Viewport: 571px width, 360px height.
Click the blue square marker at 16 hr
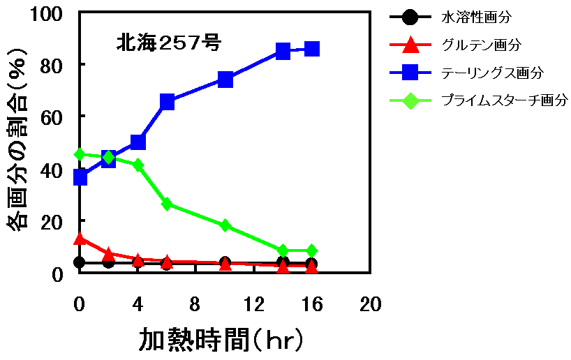[x=312, y=49]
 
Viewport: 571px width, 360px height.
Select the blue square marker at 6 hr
[x=167, y=102]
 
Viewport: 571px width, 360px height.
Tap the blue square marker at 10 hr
[x=225, y=79]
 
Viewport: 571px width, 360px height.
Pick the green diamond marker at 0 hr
[x=80, y=154]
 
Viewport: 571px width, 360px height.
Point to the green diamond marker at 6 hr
[x=167, y=204]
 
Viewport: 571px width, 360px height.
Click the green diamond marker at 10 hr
[x=225, y=225]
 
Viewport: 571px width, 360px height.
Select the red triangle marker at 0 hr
[x=80, y=239]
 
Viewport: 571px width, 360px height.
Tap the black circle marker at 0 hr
[x=80, y=262]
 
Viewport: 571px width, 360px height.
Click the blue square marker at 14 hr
[x=283, y=51]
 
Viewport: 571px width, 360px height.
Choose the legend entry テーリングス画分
[x=492, y=73]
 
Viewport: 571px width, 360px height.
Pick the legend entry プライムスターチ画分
[x=505, y=100]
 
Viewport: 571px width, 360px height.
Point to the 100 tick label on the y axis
[x=48, y=13]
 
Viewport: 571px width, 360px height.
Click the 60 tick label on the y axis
[x=55, y=117]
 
